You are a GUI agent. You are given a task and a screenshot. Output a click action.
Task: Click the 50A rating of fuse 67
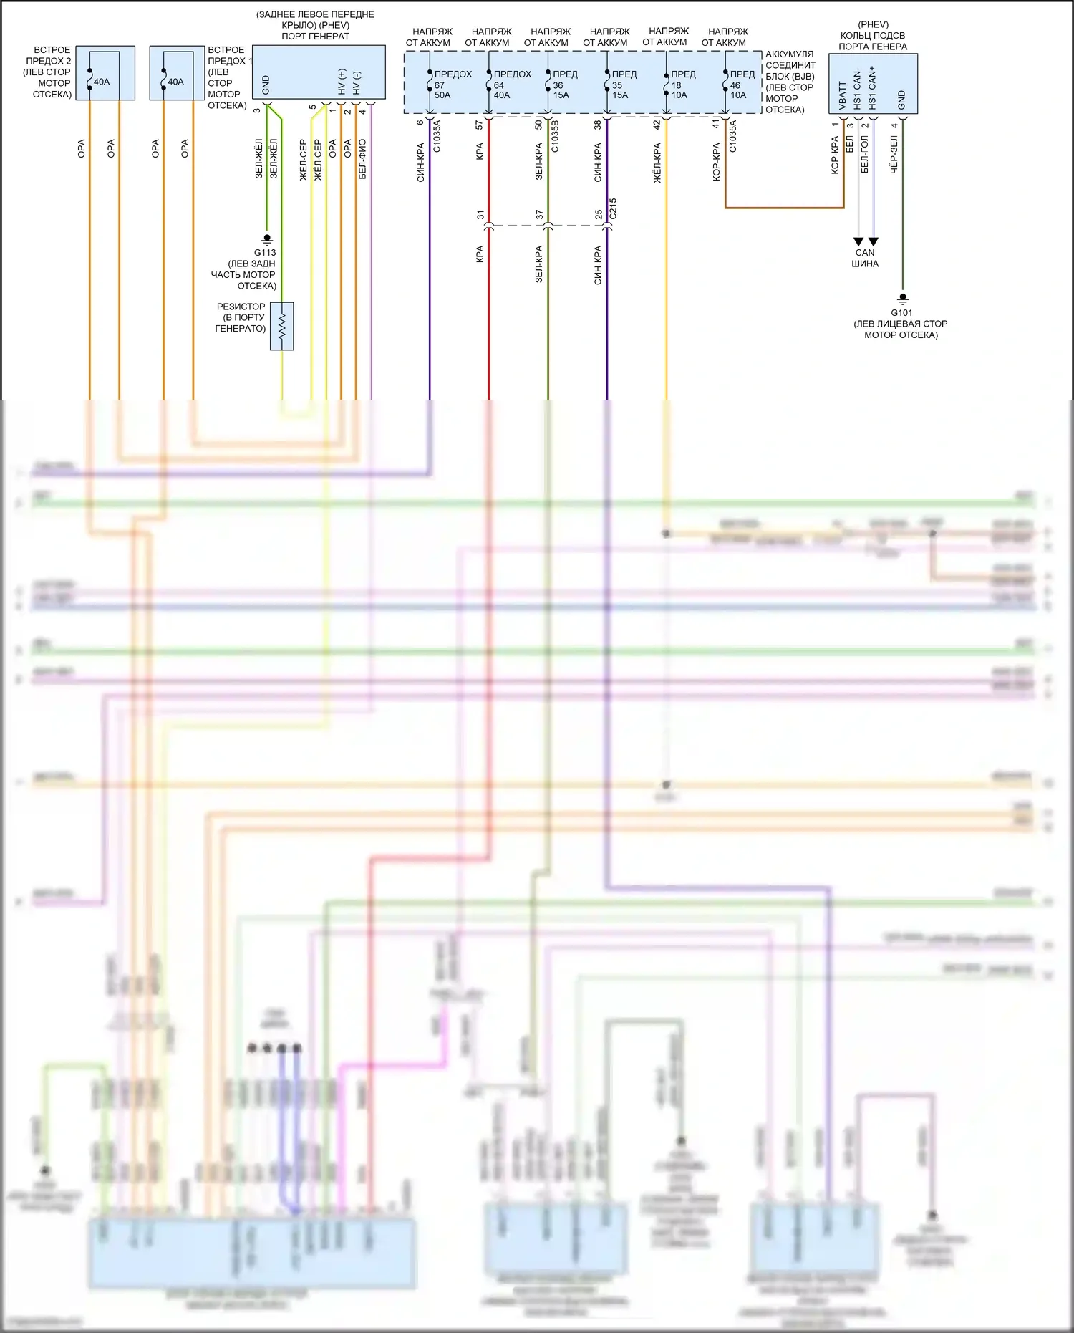click(442, 95)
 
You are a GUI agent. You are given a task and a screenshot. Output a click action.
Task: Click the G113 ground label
click(265, 252)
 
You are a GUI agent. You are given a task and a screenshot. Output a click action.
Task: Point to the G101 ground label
click(901, 312)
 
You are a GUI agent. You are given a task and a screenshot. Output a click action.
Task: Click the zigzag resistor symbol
click(281, 327)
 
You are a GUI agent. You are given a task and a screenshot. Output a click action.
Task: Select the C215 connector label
click(613, 208)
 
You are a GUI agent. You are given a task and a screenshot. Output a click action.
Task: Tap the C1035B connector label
click(555, 137)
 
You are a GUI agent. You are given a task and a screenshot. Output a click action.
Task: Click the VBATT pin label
click(843, 95)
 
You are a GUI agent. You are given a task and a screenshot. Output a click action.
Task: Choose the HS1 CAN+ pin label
click(872, 88)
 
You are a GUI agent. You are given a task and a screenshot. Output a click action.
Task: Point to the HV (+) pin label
click(342, 82)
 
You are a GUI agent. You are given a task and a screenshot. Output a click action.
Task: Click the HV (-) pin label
click(357, 83)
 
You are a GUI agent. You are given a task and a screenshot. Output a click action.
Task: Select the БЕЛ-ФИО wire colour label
click(362, 159)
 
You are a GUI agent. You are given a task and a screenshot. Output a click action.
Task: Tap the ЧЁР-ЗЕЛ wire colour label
click(894, 155)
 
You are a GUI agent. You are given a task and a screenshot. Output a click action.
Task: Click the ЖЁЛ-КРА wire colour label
click(657, 163)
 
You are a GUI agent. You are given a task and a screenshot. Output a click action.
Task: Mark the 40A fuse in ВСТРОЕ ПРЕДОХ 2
click(102, 82)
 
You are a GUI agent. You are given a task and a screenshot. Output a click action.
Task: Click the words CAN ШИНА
click(865, 258)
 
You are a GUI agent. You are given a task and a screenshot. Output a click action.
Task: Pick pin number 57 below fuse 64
click(480, 125)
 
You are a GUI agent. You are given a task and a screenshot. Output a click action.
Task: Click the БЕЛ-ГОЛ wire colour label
click(864, 155)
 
